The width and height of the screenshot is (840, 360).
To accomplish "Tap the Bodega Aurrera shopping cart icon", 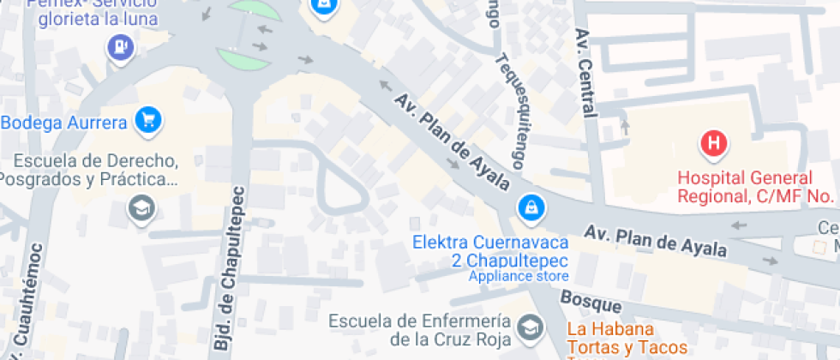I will [148, 120].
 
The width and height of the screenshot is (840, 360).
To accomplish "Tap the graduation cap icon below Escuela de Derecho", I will [139, 207].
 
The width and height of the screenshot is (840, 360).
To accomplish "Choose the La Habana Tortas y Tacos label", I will [627, 338].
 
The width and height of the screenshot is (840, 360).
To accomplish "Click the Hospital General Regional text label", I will [744, 187].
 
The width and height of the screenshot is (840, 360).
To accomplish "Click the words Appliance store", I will [518, 276].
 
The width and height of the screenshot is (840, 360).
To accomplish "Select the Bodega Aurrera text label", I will [64, 122].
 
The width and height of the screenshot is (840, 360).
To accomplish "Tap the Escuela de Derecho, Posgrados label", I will [89, 170].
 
